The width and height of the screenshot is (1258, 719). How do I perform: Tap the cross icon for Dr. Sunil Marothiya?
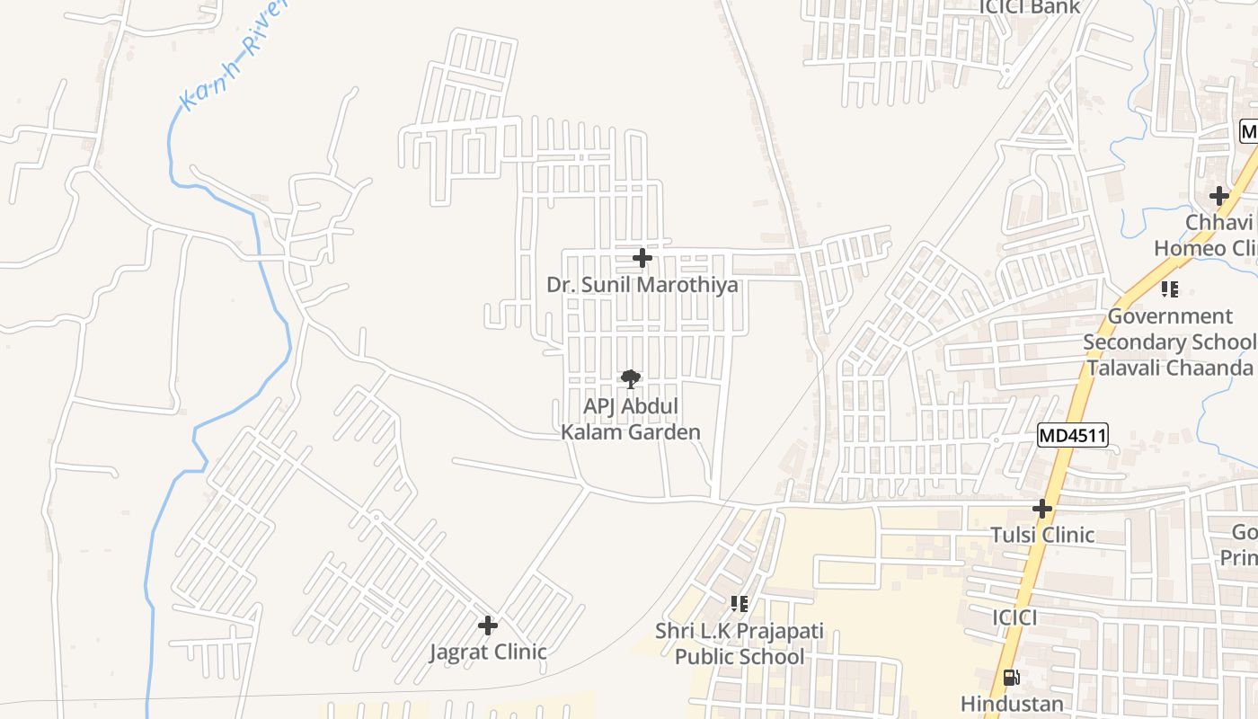click(x=642, y=259)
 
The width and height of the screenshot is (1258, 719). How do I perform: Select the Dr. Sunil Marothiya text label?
click(x=642, y=285)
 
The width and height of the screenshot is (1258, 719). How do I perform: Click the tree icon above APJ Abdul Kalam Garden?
click(x=631, y=379)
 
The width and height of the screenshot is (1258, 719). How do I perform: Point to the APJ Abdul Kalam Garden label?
click(x=631, y=419)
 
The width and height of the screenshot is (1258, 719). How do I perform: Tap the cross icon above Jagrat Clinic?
click(x=488, y=626)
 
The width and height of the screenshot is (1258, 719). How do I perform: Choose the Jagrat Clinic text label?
click(x=488, y=652)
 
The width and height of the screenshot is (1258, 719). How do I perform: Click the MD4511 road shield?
click(x=1072, y=436)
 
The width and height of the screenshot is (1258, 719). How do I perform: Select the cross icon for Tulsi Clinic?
click(x=1042, y=510)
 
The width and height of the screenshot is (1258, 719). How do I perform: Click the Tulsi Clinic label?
click(x=1042, y=535)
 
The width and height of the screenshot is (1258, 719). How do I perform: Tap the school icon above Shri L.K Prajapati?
click(x=740, y=604)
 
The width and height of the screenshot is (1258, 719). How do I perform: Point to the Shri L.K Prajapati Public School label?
click(x=740, y=644)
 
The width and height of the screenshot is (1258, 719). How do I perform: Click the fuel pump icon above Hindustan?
click(x=1011, y=678)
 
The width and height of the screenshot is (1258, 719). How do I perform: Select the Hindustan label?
click(x=1012, y=703)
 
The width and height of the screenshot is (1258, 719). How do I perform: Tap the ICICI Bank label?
click(x=1029, y=8)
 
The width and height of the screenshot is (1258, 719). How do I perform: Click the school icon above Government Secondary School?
click(x=1169, y=289)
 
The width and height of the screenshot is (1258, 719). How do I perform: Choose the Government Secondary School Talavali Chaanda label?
click(x=1169, y=342)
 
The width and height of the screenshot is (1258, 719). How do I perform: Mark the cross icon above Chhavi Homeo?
click(x=1218, y=196)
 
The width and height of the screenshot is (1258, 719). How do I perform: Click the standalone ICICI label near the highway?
click(x=1014, y=617)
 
